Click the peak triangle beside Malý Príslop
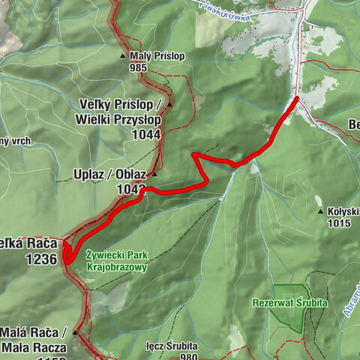122,55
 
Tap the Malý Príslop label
154,55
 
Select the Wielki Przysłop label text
118,119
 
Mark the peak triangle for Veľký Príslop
170,104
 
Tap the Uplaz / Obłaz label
109,175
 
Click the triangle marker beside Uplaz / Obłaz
154,175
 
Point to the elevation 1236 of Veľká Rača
40,259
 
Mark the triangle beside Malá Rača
75,331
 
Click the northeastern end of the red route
297,98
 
